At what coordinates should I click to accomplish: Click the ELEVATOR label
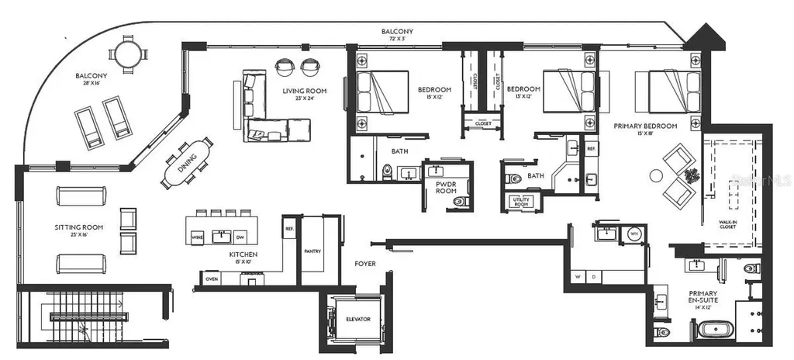358,320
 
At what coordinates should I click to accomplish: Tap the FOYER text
364,264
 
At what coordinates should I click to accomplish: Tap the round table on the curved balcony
126,54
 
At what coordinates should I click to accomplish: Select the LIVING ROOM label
304,91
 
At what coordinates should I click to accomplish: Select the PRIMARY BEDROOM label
645,126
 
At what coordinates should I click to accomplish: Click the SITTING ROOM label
79,228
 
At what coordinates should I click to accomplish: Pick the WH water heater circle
633,233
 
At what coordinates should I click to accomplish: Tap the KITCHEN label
243,254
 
